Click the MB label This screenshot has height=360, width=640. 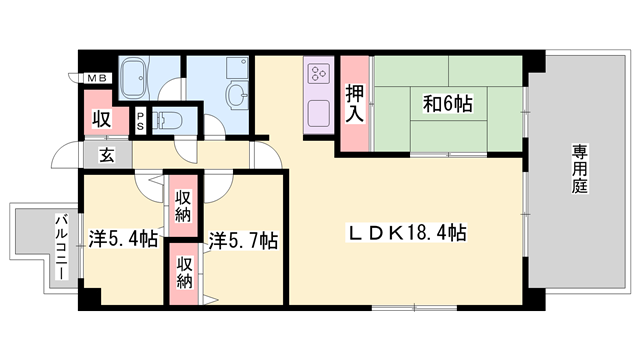(98, 79)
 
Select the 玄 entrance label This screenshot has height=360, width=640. (106, 155)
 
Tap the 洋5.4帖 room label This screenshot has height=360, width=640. (123, 239)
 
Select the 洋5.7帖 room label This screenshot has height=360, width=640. (243, 241)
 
